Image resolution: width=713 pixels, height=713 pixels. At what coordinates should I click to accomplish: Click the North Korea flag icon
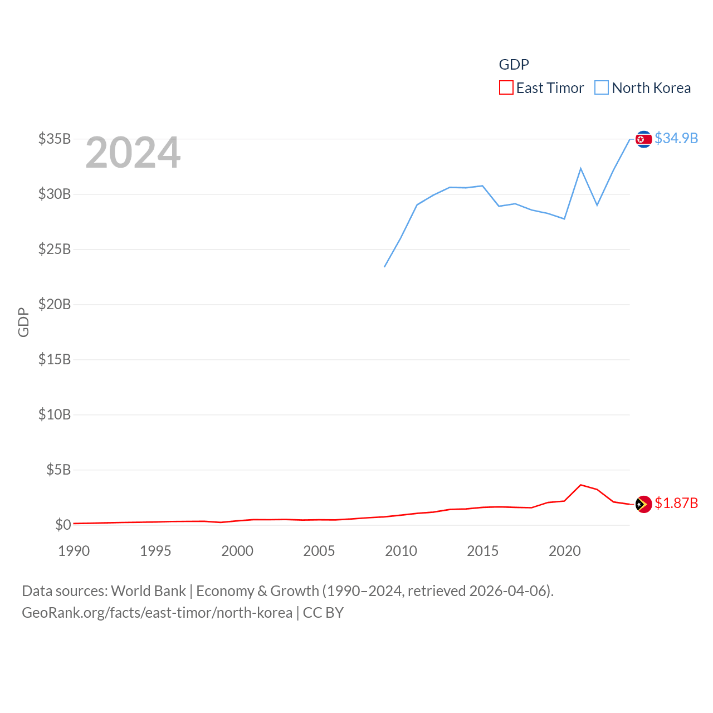coord(643,139)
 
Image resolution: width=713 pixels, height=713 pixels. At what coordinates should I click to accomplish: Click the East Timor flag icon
coord(643,504)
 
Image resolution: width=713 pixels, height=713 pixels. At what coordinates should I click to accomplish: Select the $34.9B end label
coord(676,138)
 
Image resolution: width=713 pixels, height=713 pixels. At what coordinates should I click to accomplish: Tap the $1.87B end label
coord(676,503)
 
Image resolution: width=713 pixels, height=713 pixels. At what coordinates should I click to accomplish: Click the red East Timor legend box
coord(506,88)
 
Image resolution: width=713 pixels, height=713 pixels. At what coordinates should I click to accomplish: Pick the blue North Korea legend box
coord(602,88)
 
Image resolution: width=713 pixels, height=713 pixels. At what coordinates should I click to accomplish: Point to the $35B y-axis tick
coord(55,139)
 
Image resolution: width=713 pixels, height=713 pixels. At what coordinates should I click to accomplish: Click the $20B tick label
coord(55,304)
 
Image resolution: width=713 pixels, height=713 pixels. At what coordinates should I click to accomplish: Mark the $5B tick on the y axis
coord(58,470)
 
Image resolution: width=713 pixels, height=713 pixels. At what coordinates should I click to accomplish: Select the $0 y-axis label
coord(63,525)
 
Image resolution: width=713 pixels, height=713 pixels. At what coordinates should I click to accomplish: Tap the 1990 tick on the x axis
coord(74,551)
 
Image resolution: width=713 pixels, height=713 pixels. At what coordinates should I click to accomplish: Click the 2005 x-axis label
coord(319,551)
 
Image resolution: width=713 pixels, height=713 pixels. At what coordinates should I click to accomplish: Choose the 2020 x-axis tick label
coord(565,551)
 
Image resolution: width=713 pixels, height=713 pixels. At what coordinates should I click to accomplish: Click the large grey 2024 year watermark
coord(133,153)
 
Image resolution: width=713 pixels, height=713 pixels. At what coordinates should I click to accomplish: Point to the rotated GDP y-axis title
coord(23,322)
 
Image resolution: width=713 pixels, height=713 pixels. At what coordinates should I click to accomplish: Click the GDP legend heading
coord(514,65)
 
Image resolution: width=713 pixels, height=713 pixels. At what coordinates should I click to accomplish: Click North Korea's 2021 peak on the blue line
coord(581,168)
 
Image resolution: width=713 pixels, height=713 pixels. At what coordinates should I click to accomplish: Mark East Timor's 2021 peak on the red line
coord(581,485)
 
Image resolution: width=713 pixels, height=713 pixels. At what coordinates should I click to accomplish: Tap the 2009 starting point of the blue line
coord(384,267)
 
